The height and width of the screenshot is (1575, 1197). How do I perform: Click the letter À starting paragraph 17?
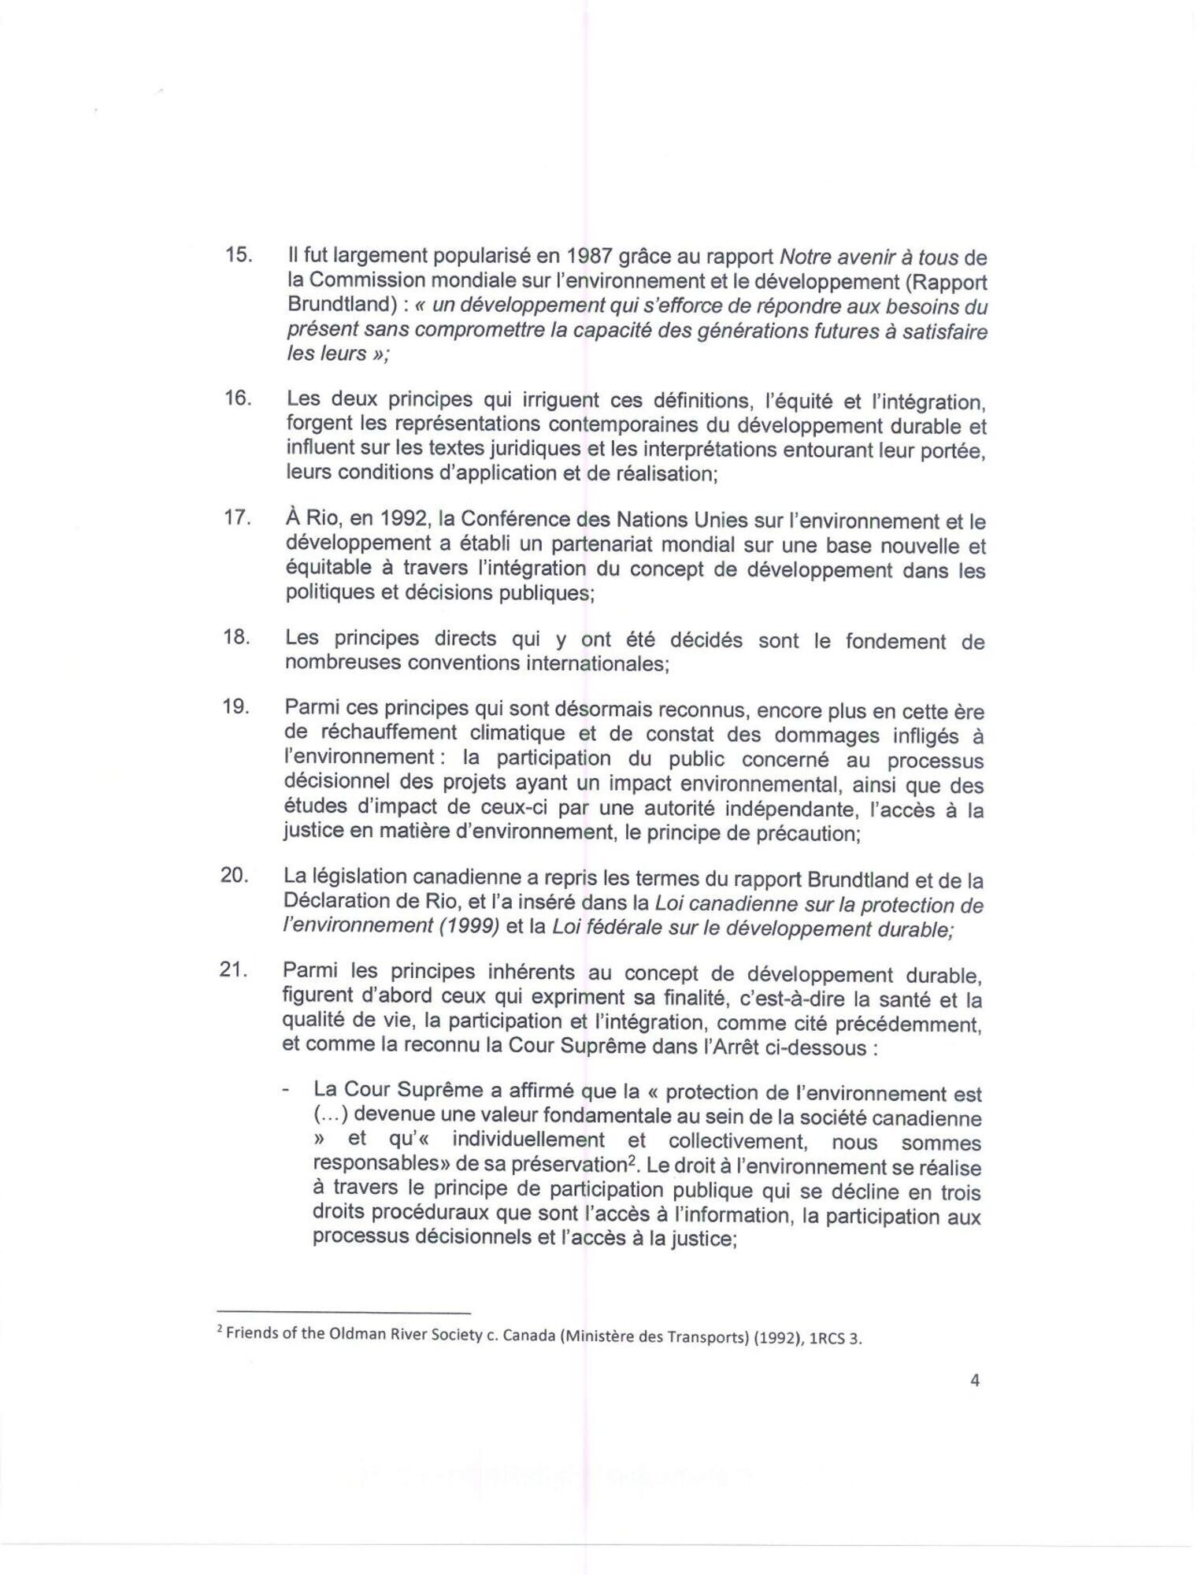292,520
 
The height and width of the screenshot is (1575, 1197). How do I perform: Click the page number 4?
975,1402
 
